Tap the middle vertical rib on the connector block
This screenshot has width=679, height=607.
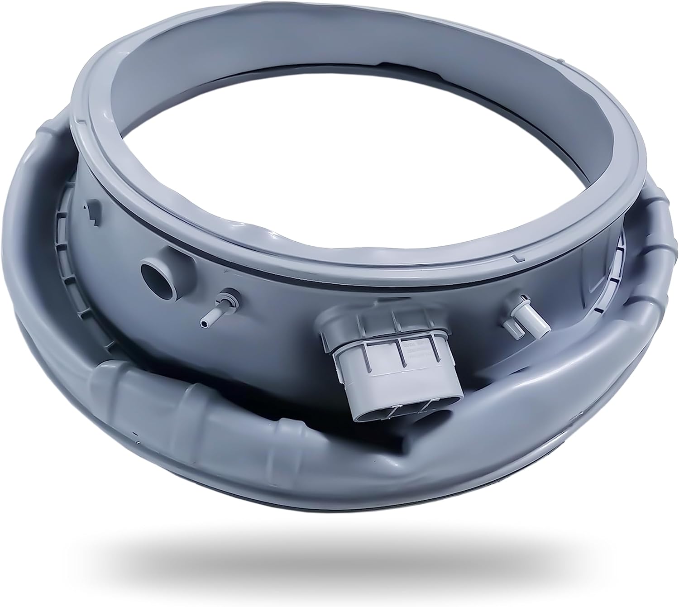(400, 358)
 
